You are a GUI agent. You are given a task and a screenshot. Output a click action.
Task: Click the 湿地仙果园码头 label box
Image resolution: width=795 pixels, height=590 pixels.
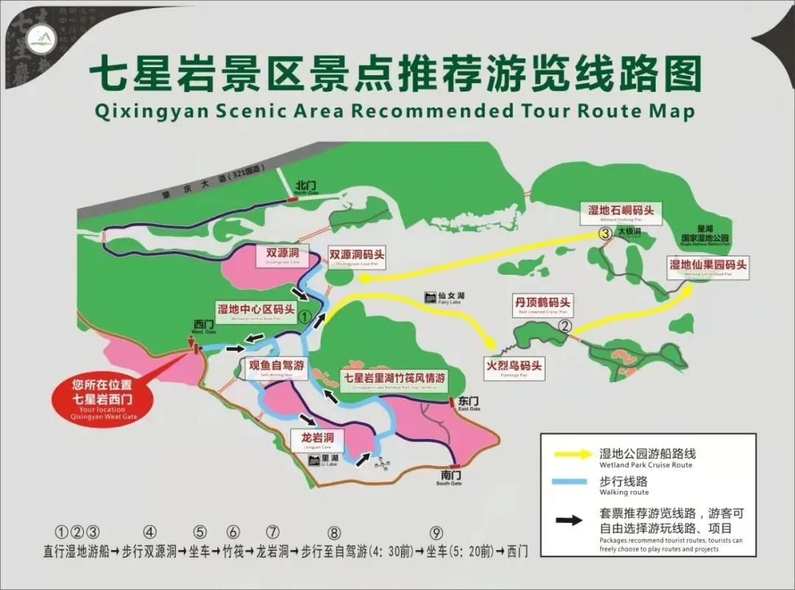click(707, 267)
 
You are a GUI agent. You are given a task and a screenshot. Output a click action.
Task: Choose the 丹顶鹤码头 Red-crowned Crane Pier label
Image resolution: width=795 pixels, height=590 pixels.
click(543, 305)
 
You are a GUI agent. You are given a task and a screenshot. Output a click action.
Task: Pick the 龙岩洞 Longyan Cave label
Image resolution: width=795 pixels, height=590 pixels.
click(317, 440)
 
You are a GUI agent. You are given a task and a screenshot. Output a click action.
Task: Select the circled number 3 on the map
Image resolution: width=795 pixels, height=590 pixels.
click(605, 233)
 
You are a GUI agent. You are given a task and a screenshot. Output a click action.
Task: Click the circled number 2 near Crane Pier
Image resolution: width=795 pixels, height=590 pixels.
click(565, 326)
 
